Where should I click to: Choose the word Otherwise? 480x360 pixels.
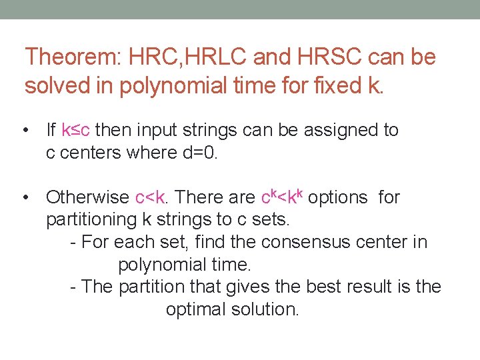click(x=87, y=197)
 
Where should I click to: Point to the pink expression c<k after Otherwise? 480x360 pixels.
click(x=150, y=197)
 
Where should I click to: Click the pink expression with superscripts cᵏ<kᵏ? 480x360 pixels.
click(x=283, y=196)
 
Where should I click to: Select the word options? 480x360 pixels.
click(x=338, y=197)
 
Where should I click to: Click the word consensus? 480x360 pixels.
click(x=281, y=242)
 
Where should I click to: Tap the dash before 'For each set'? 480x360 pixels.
click(x=73, y=242)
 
